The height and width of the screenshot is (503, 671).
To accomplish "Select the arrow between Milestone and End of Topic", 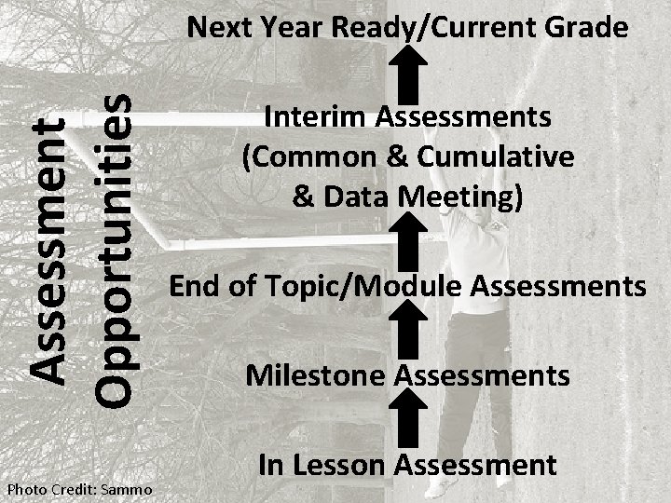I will click(x=406, y=331).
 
